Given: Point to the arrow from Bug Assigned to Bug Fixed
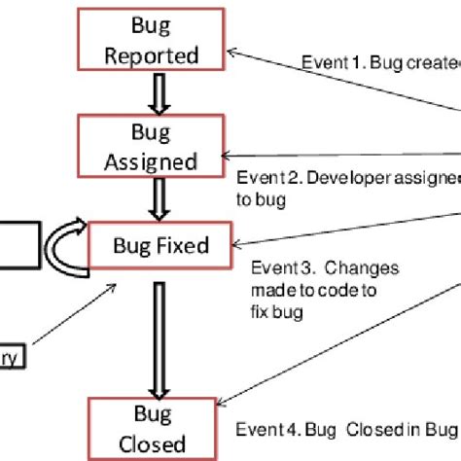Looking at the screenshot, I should pos(153,198).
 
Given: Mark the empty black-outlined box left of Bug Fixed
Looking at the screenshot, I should pos(18,243).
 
